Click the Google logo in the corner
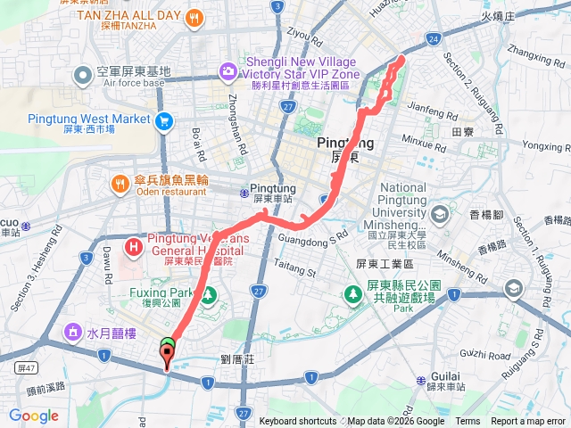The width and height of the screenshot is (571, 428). pyautogui.click(x=34, y=416)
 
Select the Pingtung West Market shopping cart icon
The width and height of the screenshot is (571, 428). pyautogui.click(x=163, y=119)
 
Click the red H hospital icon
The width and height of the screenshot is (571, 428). pyautogui.click(x=134, y=245)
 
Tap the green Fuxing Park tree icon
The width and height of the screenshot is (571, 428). pyautogui.click(x=208, y=292)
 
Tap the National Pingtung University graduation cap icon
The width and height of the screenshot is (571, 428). pyautogui.click(x=439, y=215)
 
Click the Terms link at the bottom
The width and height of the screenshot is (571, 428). pyautogui.click(x=468, y=422)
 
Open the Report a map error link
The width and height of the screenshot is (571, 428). pyautogui.click(x=529, y=422)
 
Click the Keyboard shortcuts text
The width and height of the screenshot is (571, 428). pyautogui.click(x=297, y=422)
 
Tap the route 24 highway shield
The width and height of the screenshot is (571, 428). pyautogui.click(x=433, y=39)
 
